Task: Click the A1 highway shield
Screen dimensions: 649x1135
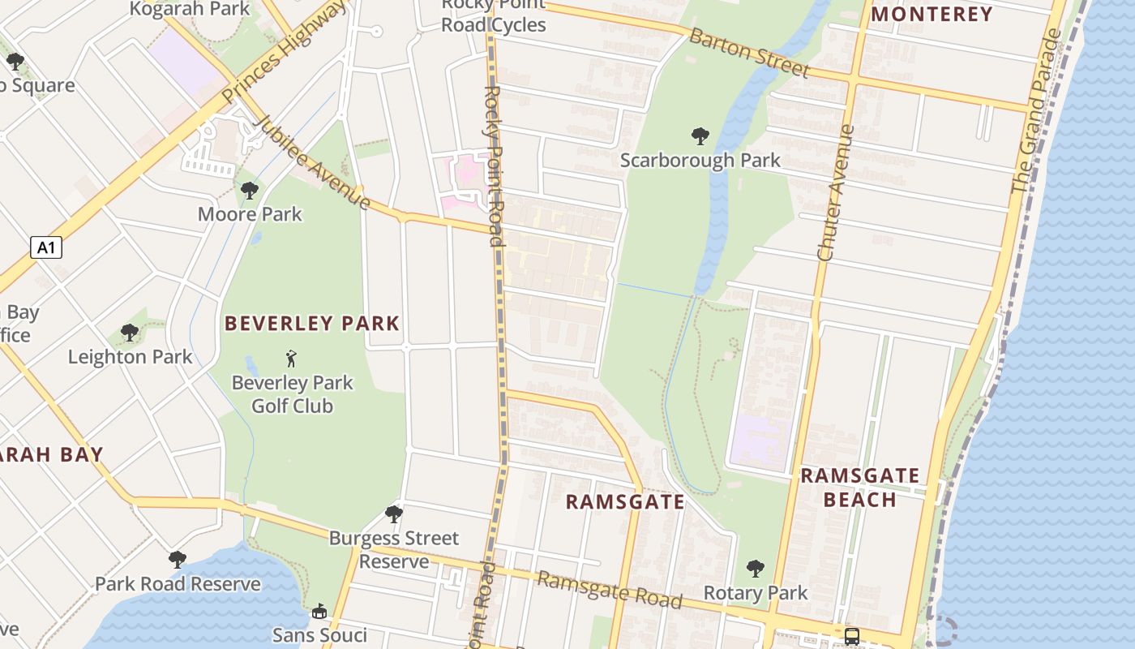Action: point(46,247)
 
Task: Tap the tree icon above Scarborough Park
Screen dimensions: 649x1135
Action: point(700,136)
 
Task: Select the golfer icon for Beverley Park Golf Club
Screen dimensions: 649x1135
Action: point(292,358)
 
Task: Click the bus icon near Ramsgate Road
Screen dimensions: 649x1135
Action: point(852,636)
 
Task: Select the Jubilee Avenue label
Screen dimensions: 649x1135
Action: point(312,161)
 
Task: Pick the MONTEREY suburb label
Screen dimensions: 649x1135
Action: point(932,14)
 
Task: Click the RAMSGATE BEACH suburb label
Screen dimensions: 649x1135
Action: point(860,487)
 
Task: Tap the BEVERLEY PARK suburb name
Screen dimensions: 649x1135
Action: point(312,324)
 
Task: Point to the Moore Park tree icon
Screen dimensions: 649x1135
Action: point(250,191)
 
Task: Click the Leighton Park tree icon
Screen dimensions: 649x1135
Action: point(130,332)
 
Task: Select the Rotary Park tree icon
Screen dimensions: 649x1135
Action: point(756,568)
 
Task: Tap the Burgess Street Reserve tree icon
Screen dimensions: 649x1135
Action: point(394,514)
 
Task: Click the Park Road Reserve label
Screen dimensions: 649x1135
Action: point(178,584)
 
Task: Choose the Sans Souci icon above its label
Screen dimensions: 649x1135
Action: point(319,612)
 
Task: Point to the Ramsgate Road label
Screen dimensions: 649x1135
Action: point(610,590)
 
